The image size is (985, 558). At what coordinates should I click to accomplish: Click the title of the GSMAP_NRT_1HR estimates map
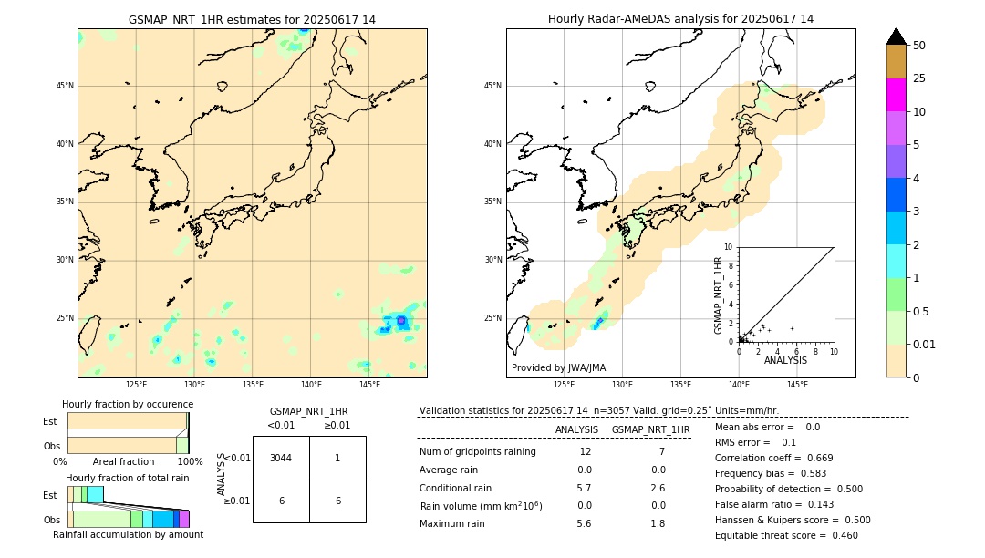pyautogui.click(x=252, y=19)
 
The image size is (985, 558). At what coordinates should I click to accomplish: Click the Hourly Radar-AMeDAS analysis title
pyautogui.click(x=680, y=19)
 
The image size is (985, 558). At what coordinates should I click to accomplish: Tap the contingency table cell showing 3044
pyautogui.click(x=281, y=458)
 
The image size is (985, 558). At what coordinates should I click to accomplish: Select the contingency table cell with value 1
pyautogui.click(x=337, y=458)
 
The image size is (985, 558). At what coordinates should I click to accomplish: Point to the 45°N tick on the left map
pyautogui.click(x=65, y=86)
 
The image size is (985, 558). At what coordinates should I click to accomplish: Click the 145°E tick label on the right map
pyautogui.click(x=797, y=385)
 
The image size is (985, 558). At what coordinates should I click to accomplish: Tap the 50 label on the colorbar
pyautogui.click(x=919, y=45)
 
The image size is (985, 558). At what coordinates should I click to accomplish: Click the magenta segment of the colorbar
pyautogui.click(x=896, y=95)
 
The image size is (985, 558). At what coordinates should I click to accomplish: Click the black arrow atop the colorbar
pyautogui.click(x=896, y=36)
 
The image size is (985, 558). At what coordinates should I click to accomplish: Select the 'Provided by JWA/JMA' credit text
pyautogui.click(x=558, y=368)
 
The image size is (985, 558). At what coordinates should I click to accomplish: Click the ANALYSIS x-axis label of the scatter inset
pyautogui.click(x=785, y=360)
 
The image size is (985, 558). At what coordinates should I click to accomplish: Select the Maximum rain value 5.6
pyautogui.click(x=585, y=523)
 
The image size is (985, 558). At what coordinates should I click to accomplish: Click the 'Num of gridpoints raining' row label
pyautogui.click(x=477, y=452)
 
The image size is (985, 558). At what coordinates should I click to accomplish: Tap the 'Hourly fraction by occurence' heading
pyautogui.click(x=128, y=404)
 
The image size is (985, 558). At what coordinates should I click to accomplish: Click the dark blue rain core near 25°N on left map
pyautogui.click(x=400, y=321)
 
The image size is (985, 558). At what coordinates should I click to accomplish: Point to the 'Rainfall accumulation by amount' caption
pyautogui.click(x=128, y=534)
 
